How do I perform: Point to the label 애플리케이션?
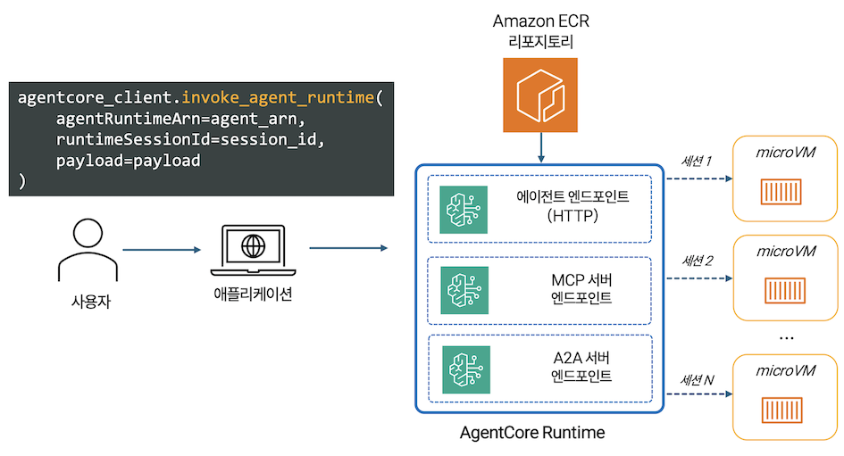253,295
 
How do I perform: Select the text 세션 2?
697,261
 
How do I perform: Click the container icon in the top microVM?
785,192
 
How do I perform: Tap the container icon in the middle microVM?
785,292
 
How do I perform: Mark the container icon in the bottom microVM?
785,410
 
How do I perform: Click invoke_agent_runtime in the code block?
279,96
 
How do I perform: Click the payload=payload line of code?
128,161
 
